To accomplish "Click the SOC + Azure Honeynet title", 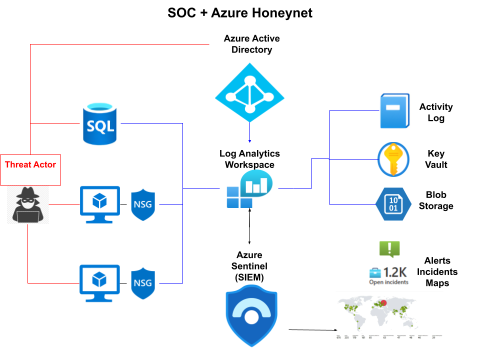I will pyautogui.click(x=240, y=13).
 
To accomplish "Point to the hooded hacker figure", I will pyautogui.click(x=27, y=205).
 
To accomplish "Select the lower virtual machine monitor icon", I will pyautogui.click(x=100, y=283).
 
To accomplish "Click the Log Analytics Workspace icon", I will pyautogui.click(x=248, y=189).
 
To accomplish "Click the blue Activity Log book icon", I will pyautogui.click(x=394, y=110).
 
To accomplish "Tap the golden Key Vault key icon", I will pyautogui.click(x=393, y=159).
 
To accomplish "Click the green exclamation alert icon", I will pyautogui.click(x=389, y=248).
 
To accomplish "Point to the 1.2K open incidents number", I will pyautogui.click(x=395, y=272).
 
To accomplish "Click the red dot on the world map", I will pyautogui.click(x=384, y=302).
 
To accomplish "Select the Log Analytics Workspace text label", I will pyautogui.click(x=249, y=159).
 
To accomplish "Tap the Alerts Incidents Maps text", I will pyautogui.click(x=437, y=272).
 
